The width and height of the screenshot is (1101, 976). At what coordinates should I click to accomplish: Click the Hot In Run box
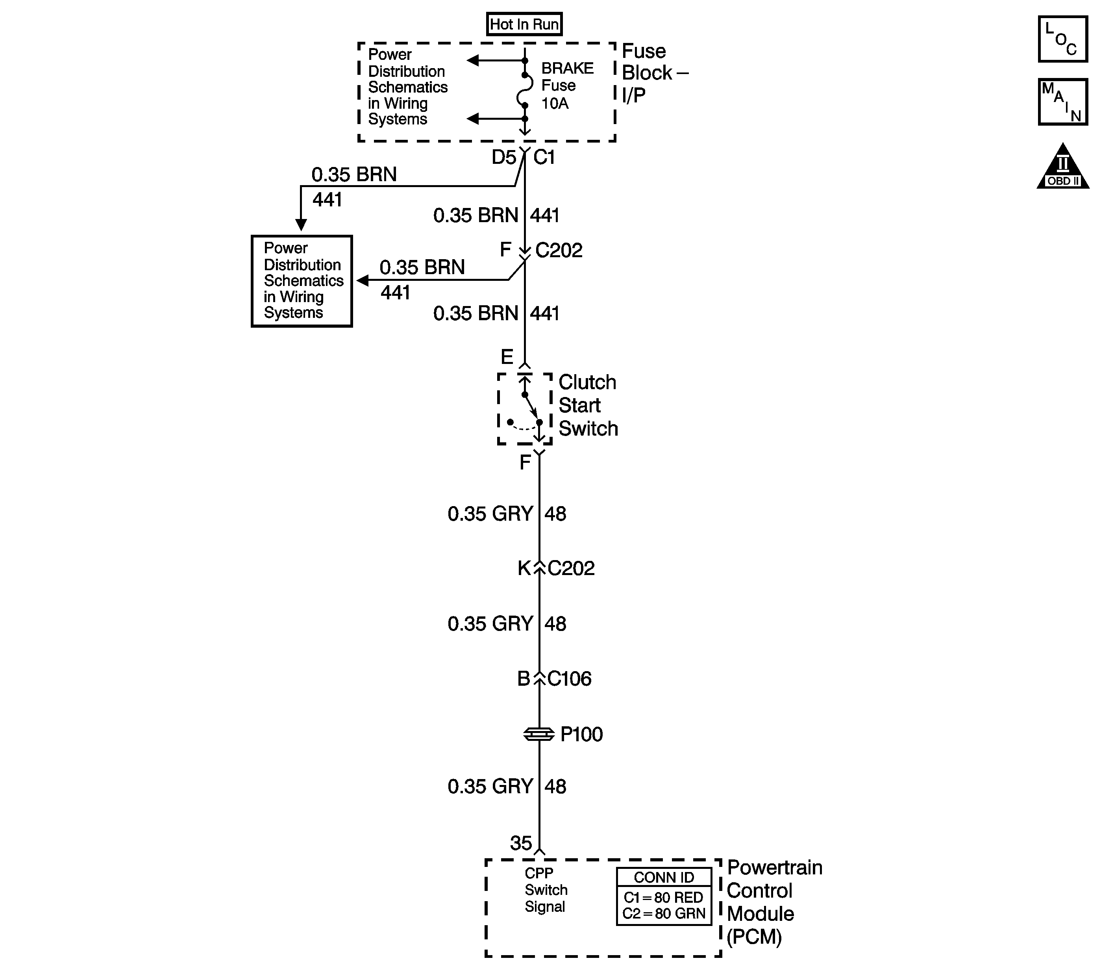pos(524,24)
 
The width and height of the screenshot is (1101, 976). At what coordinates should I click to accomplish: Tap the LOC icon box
pos(1063,39)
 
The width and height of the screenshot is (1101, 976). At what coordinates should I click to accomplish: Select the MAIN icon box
pos(1063,102)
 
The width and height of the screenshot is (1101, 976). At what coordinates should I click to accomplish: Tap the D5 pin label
pos(503,158)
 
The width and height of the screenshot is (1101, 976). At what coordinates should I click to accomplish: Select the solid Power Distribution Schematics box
pos(302,281)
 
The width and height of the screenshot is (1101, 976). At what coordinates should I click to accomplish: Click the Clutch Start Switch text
pos(587,405)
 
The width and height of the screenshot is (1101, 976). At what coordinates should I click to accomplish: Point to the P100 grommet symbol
pos(538,734)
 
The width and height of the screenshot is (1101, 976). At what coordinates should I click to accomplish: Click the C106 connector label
pos(569,679)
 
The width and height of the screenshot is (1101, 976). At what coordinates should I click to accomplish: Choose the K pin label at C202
pos(524,568)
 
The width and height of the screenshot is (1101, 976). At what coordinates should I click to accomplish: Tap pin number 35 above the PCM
pos(520,843)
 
